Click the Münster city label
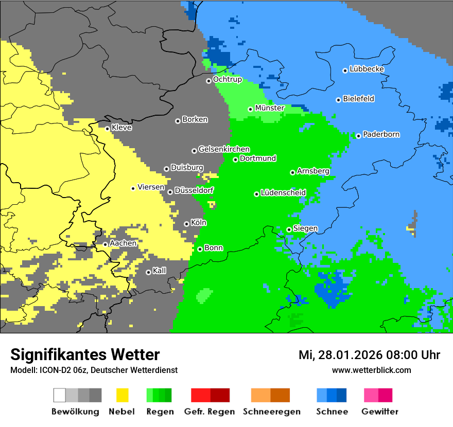pyautogui.click(x=269, y=108)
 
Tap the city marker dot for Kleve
pyautogui.click(x=107, y=129)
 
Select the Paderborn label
pyautogui.click(x=381, y=135)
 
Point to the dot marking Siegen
pyautogui.click(x=289, y=229)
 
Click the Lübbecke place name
pyautogui.click(x=367, y=69)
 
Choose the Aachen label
pyautogui.click(x=123, y=243)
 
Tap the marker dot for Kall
pyautogui.click(x=148, y=272)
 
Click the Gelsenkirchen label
pyautogui.click(x=224, y=149)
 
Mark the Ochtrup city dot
pyautogui.click(x=208, y=81)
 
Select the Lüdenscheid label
pyautogui.click(x=283, y=193)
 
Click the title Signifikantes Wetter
pyautogui.click(x=85, y=354)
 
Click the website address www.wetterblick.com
pyautogui.click(x=371, y=370)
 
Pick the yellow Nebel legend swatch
pyautogui.click(x=123, y=395)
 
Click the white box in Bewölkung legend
pyautogui.click(x=60, y=395)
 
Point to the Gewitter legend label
pyautogui.click(x=379, y=412)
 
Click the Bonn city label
pyautogui.click(x=214, y=248)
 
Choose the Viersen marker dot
pyautogui.click(x=133, y=188)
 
